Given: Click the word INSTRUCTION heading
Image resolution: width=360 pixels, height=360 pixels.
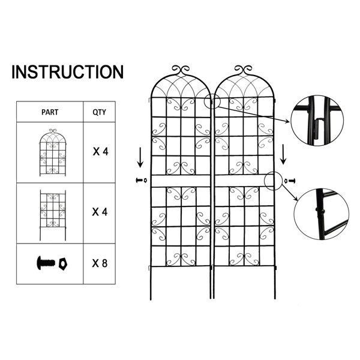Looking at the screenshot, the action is (x=67, y=72).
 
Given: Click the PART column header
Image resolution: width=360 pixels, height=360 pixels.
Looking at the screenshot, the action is (x=50, y=112).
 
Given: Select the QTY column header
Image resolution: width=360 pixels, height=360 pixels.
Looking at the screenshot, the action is (x=99, y=112).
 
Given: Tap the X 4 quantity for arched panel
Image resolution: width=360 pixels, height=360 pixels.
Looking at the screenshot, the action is (x=100, y=152).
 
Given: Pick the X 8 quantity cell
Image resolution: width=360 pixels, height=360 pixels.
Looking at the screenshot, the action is (x=100, y=263).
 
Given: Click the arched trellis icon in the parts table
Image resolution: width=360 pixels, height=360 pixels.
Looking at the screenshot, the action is (x=53, y=152).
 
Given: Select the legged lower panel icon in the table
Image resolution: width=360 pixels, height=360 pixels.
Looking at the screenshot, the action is (x=53, y=215).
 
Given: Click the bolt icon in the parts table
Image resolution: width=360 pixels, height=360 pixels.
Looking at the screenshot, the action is (x=46, y=263).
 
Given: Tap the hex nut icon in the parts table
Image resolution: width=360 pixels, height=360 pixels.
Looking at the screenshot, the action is (x=62, y=264).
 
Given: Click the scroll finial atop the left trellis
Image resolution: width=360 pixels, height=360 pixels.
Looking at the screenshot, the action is (x=181, y=70).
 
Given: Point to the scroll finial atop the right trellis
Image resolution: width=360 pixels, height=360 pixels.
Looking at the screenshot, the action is (x=244, y=70).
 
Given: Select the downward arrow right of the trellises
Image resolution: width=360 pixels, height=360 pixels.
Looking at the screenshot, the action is (x=284, y=154).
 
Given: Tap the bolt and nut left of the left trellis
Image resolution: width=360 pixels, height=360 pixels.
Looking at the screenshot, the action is (x=142, y=180).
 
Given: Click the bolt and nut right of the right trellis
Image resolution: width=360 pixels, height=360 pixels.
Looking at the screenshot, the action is (x=290, y=181).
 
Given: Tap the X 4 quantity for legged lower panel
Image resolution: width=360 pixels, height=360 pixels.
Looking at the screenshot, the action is (x=100, y=212).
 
